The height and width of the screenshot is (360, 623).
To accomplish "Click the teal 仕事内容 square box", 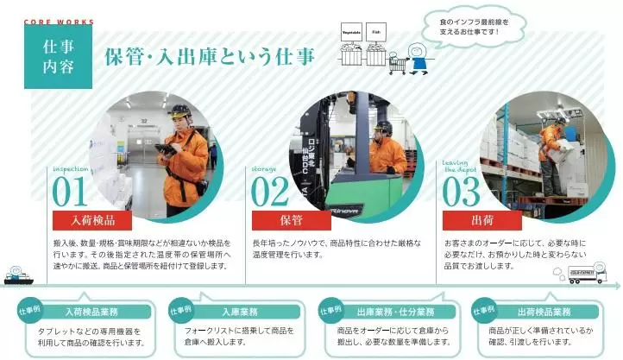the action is [x=58, y=57].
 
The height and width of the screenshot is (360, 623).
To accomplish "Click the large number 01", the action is [x=69, y=192].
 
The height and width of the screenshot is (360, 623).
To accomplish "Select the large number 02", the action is [x=270, y=192].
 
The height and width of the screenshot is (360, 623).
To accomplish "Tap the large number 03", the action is [x=461, y=192].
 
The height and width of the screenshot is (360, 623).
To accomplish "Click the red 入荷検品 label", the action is [x=92, y=220].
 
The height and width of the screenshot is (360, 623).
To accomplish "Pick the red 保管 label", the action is [x=292, y=220].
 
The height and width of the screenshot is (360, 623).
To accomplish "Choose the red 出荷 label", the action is [x=482, y=220].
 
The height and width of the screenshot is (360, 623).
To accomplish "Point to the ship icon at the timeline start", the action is [x=18, y=275].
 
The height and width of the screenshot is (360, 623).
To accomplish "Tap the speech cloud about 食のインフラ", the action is [x=474, y=26].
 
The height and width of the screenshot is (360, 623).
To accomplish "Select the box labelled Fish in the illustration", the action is [x=376, y=32].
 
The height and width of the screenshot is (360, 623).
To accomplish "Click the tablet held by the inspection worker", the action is [x=166, y=149].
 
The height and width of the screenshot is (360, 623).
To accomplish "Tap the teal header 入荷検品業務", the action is [x=91, y=312].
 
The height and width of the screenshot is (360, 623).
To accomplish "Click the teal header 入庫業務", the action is [x=240, y=312].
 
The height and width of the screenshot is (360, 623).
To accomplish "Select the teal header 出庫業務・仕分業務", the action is [x=396, y=312].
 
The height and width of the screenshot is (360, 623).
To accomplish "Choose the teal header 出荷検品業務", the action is [x=544, y=312].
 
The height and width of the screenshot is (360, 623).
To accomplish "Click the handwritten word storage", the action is [x=264, y=169].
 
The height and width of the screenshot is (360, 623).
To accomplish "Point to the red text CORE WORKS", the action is [x=59, y=22].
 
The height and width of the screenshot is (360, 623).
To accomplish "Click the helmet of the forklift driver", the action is [x=383, y=127].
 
